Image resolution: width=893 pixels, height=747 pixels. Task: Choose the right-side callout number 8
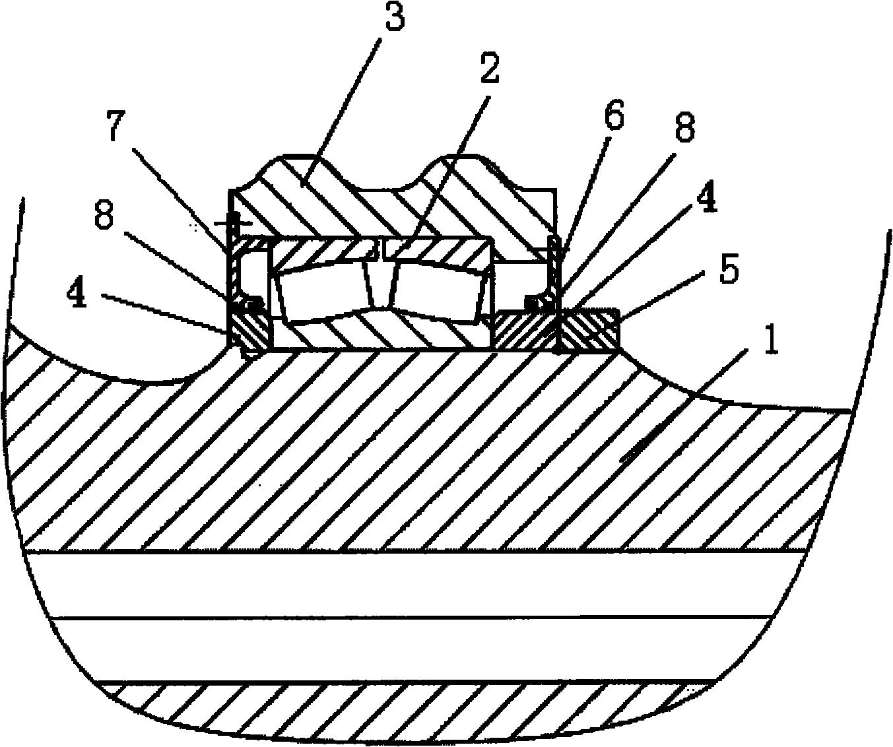(x=684, y=126)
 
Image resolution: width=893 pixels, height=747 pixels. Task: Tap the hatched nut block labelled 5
(x=588, y=329)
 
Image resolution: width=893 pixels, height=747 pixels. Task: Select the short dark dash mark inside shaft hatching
(x=642, y=453)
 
